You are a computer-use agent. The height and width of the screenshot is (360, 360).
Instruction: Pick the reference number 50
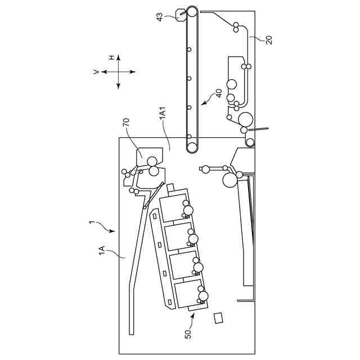coord(188,333)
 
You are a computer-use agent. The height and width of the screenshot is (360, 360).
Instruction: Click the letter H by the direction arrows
coord(111,57)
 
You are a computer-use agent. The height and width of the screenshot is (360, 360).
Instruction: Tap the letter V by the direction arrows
coord(96,71)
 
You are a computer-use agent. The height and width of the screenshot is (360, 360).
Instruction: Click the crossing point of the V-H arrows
coord(119,71)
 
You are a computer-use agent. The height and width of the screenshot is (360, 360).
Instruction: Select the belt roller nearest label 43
coord(192,11)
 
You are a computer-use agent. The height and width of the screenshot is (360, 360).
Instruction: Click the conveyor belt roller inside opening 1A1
coord(192,147)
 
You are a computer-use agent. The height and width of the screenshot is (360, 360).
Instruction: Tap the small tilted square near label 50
coord(218,318)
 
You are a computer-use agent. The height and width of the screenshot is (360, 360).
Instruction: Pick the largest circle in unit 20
coord(246,119)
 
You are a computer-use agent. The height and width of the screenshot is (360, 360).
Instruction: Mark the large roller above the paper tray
coord(229,180)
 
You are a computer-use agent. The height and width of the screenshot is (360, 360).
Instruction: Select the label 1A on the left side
coord(102,250)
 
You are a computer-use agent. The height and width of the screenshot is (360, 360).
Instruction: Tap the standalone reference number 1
coord(92,223)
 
